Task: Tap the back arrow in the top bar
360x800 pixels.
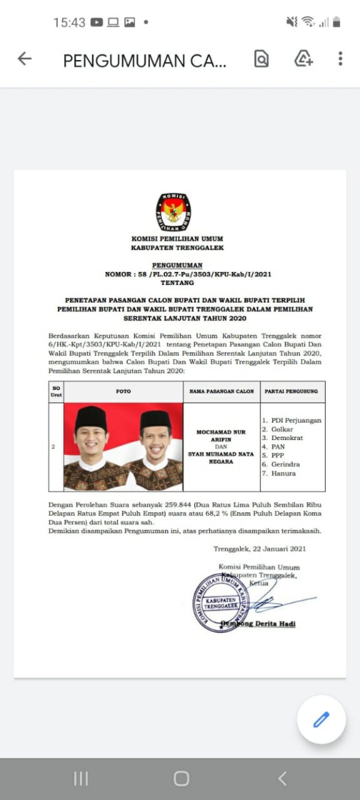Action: pyautogui.click(x=24, y=59)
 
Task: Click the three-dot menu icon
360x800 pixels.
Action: pyautogui.click(x=340, y=59)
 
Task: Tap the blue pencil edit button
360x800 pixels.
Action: pyautogui.click(x=321, y=720)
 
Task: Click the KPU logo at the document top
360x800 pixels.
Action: pyautogui.click(x=173, y=212)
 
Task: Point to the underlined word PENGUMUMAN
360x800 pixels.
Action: pyautogui.click(x=177, y=265)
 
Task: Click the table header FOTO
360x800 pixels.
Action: pyautogui.click(x=124, y=391)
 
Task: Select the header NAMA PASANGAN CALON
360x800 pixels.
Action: pyautogui.click(x=221, y=391)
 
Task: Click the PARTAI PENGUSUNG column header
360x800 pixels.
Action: pyautogui.click(x=291, y=391)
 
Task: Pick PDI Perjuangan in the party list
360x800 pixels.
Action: pyautogui.click(x=296, y=420)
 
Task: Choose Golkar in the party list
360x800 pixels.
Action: pyautogui.click(x=282, y=429)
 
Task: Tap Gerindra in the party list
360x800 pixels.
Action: pyautogui.click(x=285, y=465)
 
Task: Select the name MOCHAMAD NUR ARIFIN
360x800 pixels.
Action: pyautogui.click(x=221, y=435)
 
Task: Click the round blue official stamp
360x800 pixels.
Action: pyautogui.click(x=220, y=602)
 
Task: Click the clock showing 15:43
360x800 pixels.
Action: pyautogui.click(x=69, y=23)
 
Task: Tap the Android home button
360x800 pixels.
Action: pyautogui.click(x=181, y=778)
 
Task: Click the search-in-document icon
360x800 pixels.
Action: pyautogui.click(x=261, y=59)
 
